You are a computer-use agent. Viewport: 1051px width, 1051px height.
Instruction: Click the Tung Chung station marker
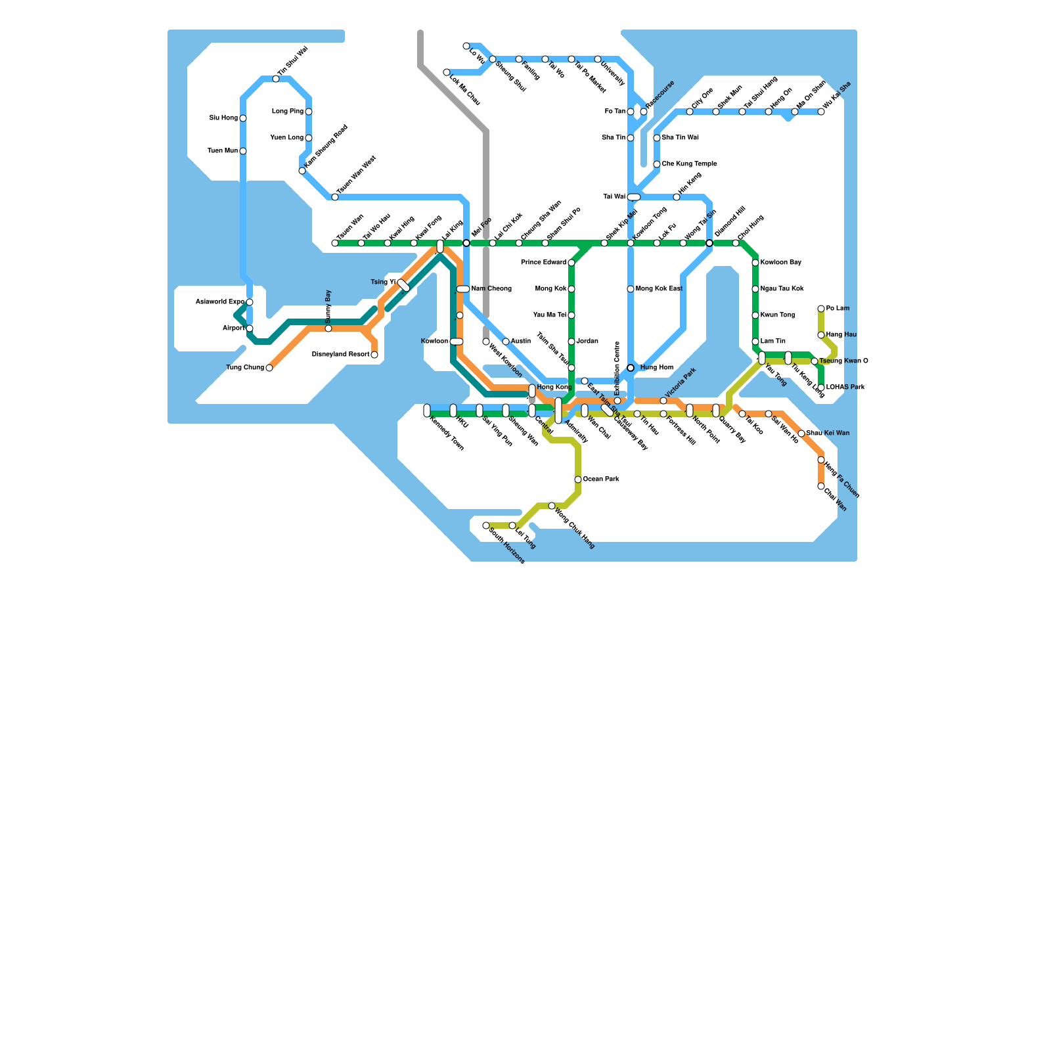coord(269,368)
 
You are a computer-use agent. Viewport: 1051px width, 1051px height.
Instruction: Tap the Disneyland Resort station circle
coord(374,355)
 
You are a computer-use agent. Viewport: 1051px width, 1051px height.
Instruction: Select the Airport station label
coord(233,328)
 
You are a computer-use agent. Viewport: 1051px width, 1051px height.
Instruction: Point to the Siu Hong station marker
coord(243,118)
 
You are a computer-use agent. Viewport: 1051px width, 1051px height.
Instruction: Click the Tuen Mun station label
coord(223,151)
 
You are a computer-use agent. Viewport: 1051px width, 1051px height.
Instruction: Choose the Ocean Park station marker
coord(578,480)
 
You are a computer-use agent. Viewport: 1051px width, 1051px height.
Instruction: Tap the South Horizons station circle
coord(486,525)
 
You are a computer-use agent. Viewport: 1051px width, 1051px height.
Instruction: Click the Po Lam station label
coord(838,309)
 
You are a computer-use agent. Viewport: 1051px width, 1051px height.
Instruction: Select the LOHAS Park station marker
coord(821,388)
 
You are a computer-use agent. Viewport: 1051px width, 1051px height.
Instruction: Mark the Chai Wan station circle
coord(821,486)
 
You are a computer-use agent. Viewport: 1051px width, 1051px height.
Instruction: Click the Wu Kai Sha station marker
coord(821,112)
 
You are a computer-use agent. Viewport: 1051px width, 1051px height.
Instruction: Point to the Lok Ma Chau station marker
coord(447,72)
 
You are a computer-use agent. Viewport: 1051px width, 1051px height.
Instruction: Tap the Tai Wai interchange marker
coord(634,197)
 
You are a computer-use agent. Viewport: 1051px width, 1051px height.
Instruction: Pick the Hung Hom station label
coord(656,368)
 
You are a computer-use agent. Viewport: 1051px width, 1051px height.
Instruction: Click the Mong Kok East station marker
coord(631,289)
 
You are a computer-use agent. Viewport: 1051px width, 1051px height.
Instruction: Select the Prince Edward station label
coord(543,263)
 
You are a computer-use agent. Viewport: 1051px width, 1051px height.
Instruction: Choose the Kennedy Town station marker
coord(427,411)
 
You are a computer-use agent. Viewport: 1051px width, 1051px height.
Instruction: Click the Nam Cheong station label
coord(491,289)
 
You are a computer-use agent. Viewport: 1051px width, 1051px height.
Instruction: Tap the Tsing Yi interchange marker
coord(404,285)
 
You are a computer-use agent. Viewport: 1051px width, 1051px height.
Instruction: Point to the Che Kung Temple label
coord(689,164)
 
